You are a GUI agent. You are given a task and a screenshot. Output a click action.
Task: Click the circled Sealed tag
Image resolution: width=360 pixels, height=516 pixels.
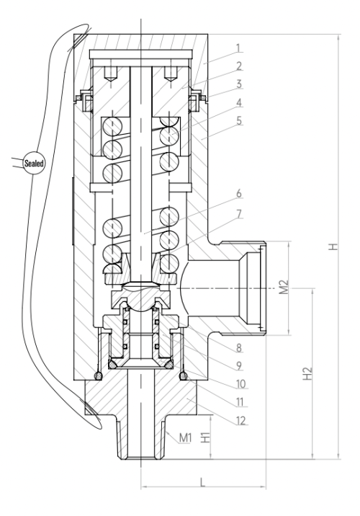[34, 163]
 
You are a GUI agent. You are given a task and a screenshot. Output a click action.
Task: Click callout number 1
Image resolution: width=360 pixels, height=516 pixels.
[239, 48]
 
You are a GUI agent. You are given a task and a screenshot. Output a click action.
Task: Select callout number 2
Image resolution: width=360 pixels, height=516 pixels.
[239, 66]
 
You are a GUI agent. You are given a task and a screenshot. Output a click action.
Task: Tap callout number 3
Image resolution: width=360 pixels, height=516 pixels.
[239, 84]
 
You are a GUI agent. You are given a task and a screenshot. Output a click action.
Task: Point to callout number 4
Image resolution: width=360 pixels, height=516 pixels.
[239, 102]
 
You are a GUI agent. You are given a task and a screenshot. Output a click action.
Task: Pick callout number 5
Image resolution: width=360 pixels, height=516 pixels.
[239, 120]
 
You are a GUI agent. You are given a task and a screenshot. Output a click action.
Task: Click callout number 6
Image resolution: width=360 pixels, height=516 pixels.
[239, 193]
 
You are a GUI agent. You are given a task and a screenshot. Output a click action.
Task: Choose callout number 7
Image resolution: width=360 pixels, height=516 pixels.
[239, 214]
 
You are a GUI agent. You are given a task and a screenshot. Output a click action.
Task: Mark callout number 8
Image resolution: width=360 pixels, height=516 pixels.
[239, 347]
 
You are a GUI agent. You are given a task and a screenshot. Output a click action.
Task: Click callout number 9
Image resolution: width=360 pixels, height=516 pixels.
[239, 365]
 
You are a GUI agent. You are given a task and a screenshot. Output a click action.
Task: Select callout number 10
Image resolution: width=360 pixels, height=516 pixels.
[240, 383]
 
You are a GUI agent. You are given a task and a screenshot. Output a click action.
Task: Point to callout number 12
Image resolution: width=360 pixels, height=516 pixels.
[240, 420]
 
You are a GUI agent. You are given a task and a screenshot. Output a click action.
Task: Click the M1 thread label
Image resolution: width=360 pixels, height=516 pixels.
[186, 438]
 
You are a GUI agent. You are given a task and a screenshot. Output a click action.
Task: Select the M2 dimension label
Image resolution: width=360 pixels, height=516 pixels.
[284, 287]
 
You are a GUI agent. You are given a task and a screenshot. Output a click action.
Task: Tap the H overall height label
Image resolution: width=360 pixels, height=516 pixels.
[333, 246]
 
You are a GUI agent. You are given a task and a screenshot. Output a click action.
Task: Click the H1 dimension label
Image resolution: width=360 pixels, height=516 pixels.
[205, 437]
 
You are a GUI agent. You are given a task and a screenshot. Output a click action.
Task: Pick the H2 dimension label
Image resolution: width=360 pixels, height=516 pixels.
[307, 373]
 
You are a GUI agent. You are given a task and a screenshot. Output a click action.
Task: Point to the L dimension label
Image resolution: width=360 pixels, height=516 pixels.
[202, 482]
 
